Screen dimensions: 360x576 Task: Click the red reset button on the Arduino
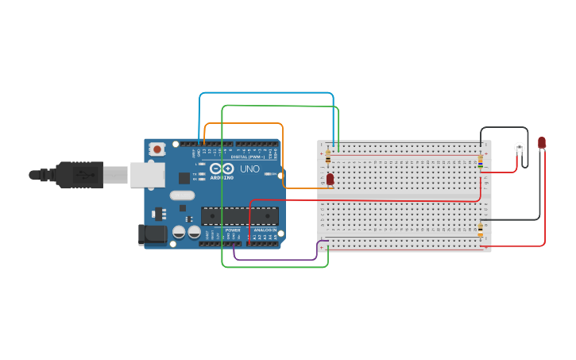pos(157,149)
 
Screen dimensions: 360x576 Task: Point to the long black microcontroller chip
pos(239,215)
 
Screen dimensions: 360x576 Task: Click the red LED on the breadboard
pos(330,179)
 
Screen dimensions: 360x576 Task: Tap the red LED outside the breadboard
pos(541,143)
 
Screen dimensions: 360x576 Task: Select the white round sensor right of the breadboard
pos(520,147)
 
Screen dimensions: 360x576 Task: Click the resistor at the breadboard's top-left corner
pos(328,158)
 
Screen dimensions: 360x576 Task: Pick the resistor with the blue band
pos(480,161)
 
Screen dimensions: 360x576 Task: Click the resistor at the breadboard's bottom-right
pos(480,230)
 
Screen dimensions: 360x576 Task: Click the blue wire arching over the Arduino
pos(266,93)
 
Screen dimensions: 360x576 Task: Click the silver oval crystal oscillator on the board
pos(182,195)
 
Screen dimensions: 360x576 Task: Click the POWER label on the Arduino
pos(232,230)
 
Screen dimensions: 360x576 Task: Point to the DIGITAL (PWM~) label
pos(248,157)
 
